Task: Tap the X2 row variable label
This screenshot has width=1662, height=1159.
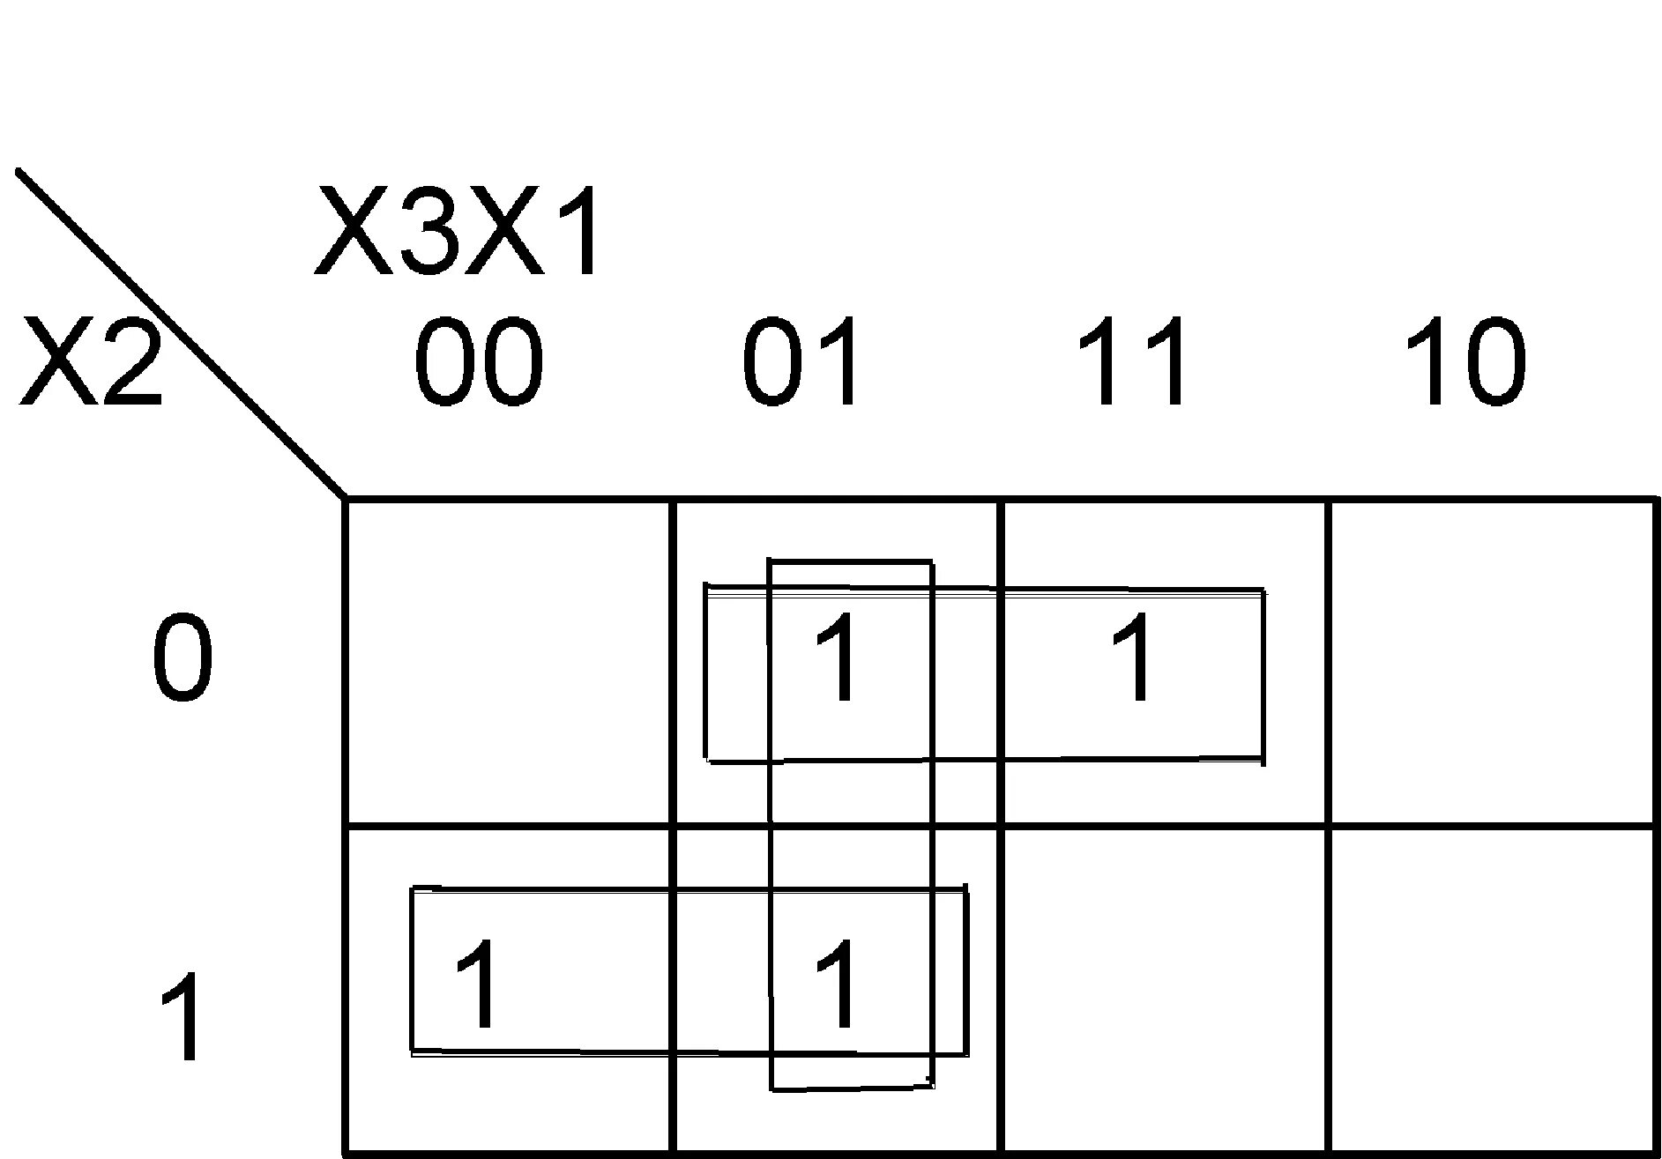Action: click(x=90, y=361)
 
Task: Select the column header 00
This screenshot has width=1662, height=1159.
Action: click(x=478, y=361)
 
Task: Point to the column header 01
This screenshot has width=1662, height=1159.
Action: click(x=801, y=361)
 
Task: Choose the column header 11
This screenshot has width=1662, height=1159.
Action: click(x=1131, y=361)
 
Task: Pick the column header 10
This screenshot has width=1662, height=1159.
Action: click(x=1464, y=361)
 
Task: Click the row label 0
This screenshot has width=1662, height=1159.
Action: click(x=183, y=658)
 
